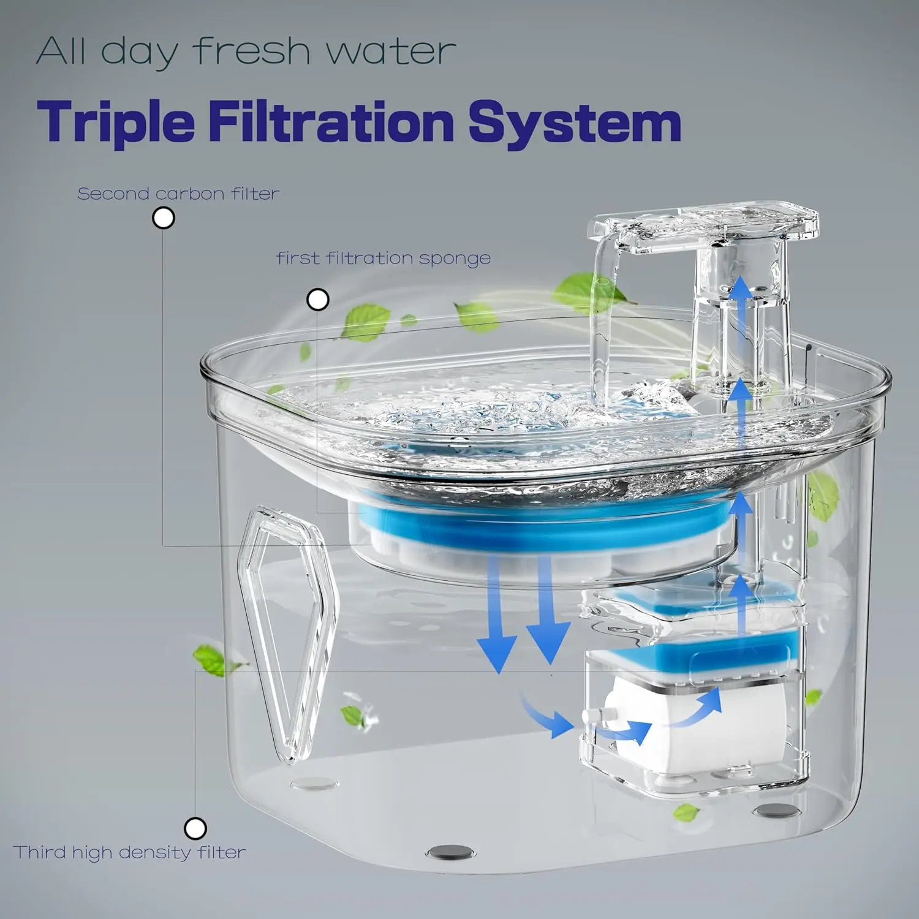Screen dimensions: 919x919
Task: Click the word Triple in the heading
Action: pos(116,123)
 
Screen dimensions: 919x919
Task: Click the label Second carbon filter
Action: pos(178,194)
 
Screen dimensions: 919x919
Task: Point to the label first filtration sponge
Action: pos(384,258)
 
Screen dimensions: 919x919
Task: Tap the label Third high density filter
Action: pos(129,852)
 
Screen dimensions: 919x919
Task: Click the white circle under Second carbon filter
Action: pos(164,218)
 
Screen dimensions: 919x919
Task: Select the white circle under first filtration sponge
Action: pos(317,300)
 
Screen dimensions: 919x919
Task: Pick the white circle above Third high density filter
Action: pos(195,828)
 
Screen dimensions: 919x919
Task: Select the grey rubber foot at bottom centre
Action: pos(451,851)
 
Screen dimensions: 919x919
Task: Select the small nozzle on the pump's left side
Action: pos(592,715)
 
